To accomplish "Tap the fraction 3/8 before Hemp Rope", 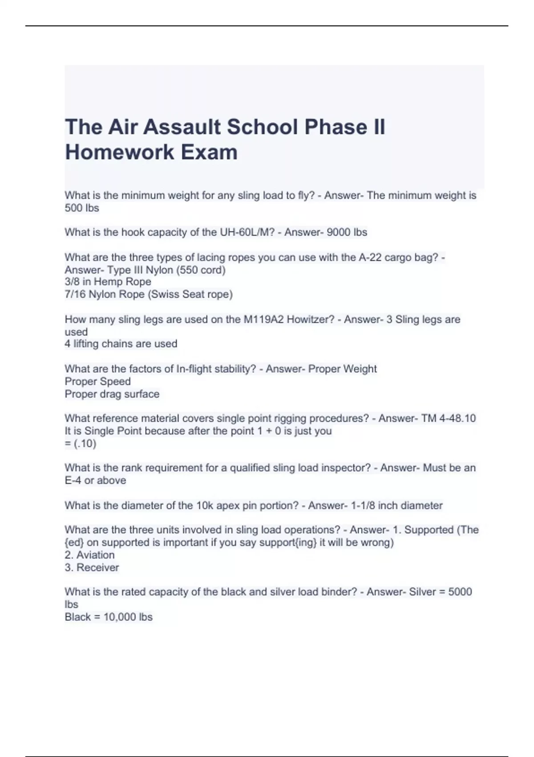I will click(x=72, y=282).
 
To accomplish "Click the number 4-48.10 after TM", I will click(x=459, y=419).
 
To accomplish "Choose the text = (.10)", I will click(x=81, y=444).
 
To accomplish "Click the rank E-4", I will click(x=73, y=480).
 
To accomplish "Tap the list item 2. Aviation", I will click(x=89, y=555).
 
